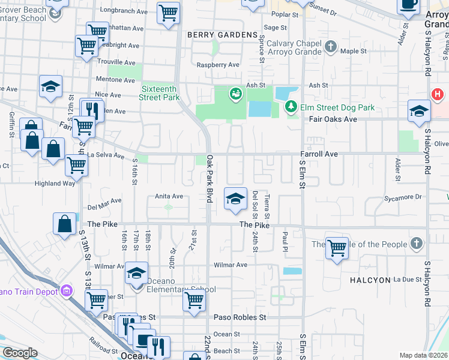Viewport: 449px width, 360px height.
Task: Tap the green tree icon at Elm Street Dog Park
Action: point(291,106)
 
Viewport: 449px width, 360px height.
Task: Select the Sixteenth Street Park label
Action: point(160,93)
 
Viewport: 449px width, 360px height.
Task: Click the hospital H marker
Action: point(438,95)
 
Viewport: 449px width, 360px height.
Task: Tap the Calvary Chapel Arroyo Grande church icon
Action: point(330,46)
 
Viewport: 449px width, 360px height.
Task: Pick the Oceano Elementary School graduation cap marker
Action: point(137,274)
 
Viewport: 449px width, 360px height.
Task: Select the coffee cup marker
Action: point(409,5)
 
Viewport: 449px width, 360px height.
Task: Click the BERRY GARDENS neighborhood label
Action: point(222,35)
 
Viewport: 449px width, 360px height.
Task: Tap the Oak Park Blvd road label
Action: point(210,179)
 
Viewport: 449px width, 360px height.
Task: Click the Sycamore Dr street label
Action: point(403,197)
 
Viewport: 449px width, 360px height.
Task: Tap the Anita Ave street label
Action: point(169,196)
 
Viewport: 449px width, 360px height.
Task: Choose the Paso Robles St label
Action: point(240,317)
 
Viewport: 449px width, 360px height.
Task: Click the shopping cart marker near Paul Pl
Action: point(337,247)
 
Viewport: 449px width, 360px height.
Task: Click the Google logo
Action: point(20,353)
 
